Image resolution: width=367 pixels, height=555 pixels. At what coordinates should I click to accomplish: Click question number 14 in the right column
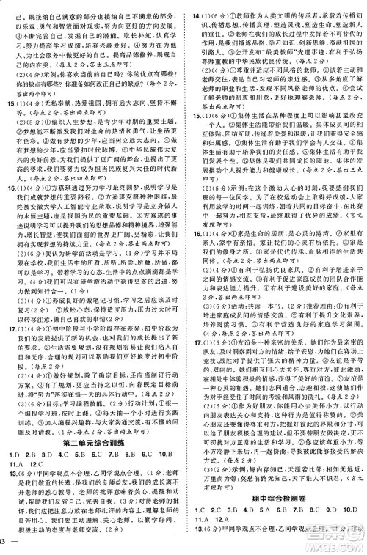pos(196,5)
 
